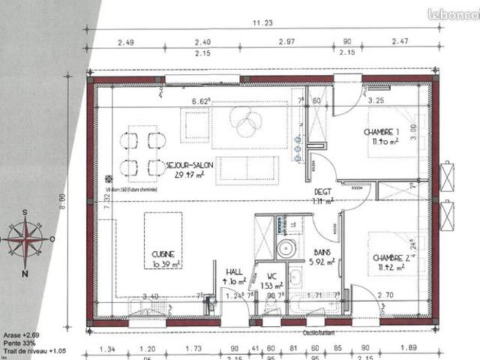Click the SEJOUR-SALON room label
pos(190,164)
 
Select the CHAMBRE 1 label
pos(382,133)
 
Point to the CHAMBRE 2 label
pos(391,257)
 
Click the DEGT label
pos(322,191)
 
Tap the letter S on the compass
pos(25,213)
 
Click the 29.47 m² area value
pos(189,175)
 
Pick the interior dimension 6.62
pos(201,101)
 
